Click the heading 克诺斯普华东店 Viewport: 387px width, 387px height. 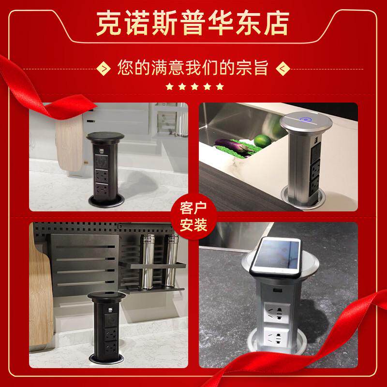click(193, 23)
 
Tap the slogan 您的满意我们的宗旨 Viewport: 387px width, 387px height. click(193, 67)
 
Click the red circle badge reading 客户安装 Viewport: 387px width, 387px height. click(193, 217)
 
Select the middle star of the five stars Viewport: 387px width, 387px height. click(194, 87)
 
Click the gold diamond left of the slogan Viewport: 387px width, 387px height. click(103, 68)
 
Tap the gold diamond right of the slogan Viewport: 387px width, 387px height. click(283, 68)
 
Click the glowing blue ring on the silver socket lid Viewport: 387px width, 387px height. click(306, 120)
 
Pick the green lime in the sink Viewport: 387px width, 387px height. click(263, 141)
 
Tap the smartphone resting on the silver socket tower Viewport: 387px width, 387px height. click(276, 257)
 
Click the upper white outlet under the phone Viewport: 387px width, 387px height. click(277, 313)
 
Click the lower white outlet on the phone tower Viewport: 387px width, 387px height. click(276, 336)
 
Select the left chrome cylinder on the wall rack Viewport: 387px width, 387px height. click(148, 261)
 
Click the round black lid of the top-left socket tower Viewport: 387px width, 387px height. click(105, 136)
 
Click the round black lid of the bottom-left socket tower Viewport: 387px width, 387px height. click(106, 296)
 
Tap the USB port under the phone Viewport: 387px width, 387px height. click(275, 290)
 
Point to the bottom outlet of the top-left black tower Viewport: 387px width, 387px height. click(102, 190)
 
